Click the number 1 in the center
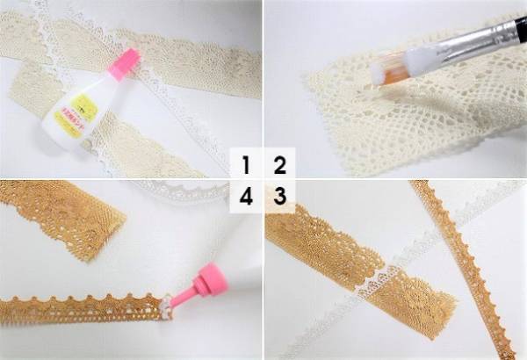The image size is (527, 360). [x=248, y=164]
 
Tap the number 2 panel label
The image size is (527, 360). [x=279, y=164]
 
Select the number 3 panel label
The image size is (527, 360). [x=279, y=197]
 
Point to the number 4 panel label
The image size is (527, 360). [x=247, y=197]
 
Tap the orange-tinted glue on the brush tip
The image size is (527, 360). [x=385, y=77]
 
